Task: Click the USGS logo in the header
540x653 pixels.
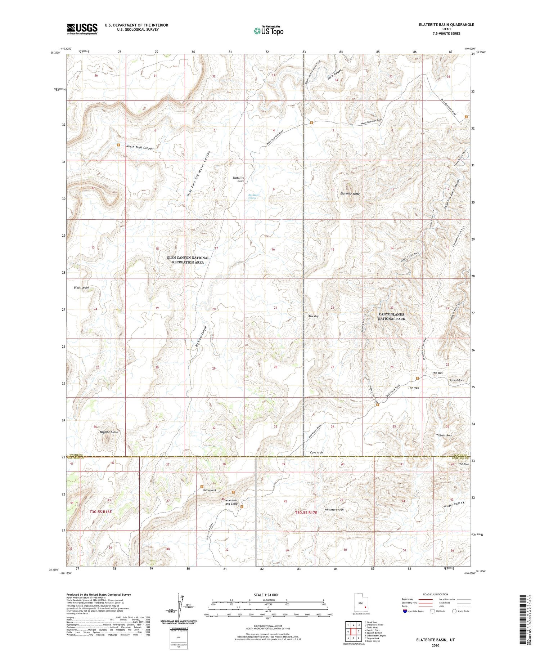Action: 82,29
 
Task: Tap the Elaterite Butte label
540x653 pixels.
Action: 350,194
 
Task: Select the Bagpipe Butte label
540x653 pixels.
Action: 109,432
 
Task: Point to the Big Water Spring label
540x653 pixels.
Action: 254,196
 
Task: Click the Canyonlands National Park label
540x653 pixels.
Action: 391,317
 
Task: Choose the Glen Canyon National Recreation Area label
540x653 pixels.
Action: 188,260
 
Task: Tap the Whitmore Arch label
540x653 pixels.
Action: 334,510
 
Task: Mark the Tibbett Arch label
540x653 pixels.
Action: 444,435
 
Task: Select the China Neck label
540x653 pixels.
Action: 210,490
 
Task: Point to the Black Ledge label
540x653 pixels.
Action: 81,287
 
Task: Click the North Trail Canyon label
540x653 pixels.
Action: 140,148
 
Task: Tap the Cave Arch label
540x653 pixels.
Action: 316,452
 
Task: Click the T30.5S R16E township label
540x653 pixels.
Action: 101,512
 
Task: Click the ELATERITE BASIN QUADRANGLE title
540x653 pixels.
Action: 446,24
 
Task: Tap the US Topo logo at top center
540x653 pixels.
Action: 268,31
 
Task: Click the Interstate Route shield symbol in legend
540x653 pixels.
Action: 405,611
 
